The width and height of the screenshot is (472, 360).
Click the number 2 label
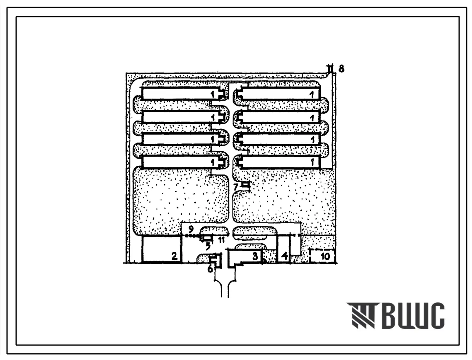174,256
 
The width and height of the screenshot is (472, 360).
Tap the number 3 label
255,256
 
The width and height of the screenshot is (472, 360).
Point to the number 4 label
284,256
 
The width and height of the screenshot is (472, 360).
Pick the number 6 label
210,268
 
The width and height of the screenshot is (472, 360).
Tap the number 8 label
341,69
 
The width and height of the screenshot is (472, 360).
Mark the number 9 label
191,230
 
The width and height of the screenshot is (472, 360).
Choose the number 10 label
325,256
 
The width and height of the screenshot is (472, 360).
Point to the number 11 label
221,240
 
